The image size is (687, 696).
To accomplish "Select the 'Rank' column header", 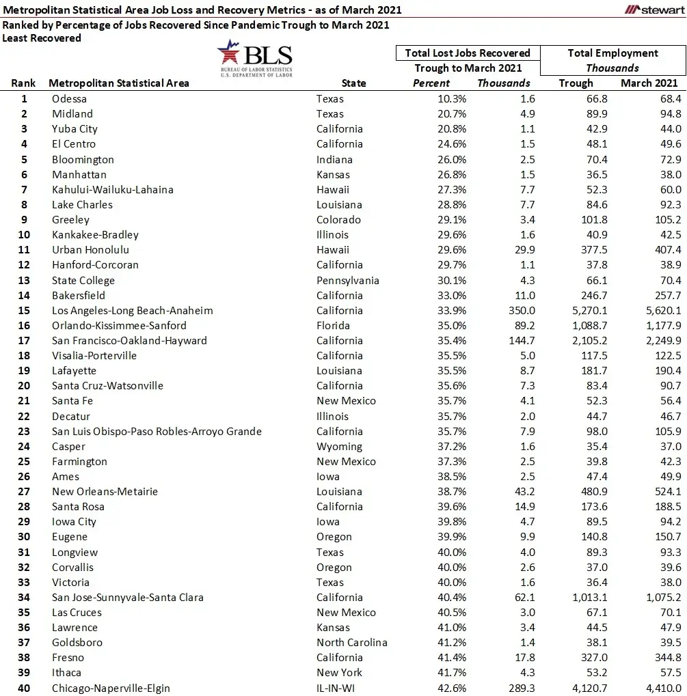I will point(23,83).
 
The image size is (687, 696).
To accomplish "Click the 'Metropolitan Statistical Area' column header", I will point(119,83).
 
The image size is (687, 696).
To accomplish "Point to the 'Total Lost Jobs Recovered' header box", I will point(468,53).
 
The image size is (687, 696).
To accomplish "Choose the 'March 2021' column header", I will point(649,83).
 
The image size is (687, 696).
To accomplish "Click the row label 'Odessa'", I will point(69,99).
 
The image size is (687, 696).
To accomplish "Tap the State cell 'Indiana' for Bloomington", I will point(335,159).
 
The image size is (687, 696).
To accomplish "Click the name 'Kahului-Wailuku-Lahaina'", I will point(113,189).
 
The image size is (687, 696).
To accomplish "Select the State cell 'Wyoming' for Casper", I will point(339,446).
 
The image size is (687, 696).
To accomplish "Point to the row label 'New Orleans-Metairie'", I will point(105,491).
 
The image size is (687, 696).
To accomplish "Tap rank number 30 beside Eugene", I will point(24,537).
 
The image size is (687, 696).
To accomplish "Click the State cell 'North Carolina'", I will point(351,642).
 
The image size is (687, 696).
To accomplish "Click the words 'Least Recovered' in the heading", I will point(42,38).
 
